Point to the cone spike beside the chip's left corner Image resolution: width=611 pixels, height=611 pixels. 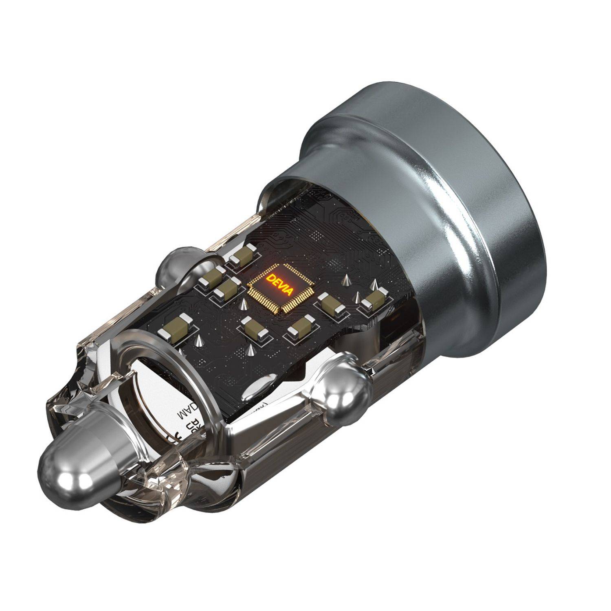click(x=243, y=304)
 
